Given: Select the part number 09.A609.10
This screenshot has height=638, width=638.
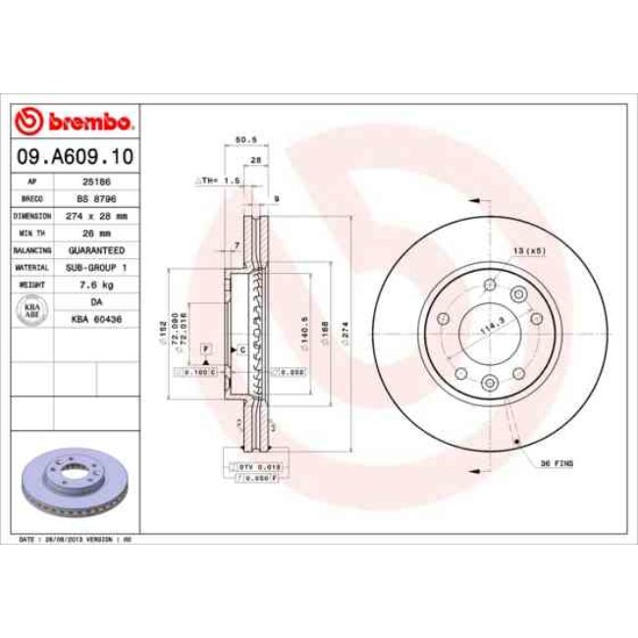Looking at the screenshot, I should pos(75,157).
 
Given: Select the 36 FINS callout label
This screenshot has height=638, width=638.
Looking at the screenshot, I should pos(557,461).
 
